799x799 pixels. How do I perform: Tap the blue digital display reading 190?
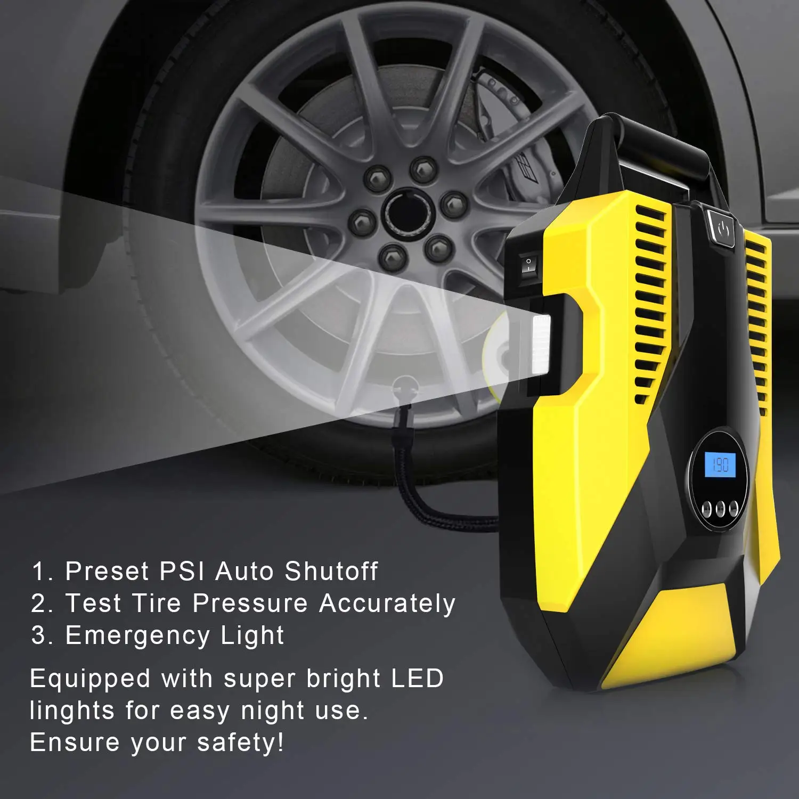coord(720,464)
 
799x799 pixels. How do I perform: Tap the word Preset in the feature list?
coord(107,571)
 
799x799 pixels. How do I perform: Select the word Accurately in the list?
coord(387,604)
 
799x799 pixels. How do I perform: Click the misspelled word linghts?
coord(72,711)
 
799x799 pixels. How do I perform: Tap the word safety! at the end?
coord(240,743)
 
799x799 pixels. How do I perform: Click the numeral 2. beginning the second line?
coord(42,604)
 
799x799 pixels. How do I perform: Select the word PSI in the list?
coord(182,571)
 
